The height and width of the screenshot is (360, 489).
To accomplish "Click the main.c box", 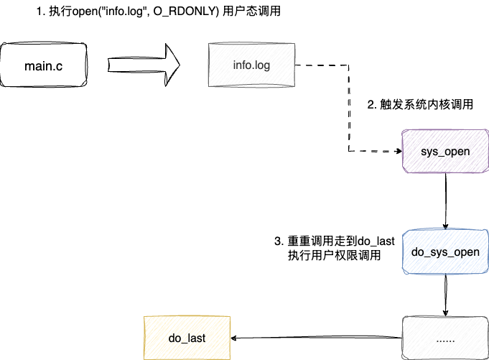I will coord(44,66).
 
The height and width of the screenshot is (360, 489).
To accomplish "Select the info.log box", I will coord(251,66).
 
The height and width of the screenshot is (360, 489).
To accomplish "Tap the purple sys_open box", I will coord(446,152).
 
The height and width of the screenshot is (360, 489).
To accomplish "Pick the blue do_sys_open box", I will coord(445,253).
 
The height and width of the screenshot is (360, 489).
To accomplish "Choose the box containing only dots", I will coord(446,337).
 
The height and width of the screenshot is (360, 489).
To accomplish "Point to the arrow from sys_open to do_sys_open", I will coord(446,201).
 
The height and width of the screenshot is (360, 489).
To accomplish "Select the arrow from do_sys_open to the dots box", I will coord(446,295).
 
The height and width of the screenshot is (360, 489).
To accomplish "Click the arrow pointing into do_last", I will coord(316,337).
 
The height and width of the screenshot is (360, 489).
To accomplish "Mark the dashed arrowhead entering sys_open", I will coord(396,152).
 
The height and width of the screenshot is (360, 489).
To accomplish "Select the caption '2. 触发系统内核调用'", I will coord(420,105).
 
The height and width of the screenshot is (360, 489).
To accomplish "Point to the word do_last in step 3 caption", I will coord(376,241).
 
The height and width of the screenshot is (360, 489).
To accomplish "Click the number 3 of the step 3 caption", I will coord(279,241).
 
